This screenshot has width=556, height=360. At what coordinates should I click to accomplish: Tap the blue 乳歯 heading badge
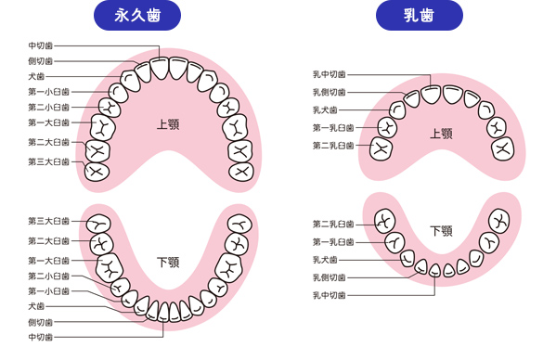click(420, 16)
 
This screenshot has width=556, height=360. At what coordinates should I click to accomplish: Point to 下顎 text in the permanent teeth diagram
click(167, 264)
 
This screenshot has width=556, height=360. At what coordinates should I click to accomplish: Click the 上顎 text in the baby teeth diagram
click(441, 134)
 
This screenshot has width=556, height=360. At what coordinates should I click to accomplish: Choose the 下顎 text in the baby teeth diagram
click(441, 231)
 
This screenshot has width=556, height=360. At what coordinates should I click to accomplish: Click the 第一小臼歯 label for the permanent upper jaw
click(48, 92)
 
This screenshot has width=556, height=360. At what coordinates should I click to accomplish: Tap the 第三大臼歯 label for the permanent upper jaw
click(48, 161)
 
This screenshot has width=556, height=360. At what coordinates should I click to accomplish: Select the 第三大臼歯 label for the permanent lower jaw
click(48, 221)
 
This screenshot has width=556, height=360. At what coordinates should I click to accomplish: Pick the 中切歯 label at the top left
click(40, 45)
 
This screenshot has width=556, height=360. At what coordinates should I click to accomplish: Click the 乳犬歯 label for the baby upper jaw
click(330, 109)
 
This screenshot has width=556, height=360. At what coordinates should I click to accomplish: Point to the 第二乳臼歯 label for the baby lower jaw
click(333, 224)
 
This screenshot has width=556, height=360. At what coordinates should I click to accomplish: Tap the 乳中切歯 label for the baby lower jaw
click(330, 294)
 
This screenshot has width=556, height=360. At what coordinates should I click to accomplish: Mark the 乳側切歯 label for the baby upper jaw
click(330, 92)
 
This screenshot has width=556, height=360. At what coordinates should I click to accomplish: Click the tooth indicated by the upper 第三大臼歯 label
click(97, 171)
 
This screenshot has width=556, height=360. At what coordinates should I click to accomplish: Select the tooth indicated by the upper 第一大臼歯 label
click(103, 125)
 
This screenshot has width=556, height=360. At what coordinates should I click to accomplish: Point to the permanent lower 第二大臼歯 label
click(48, 240)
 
